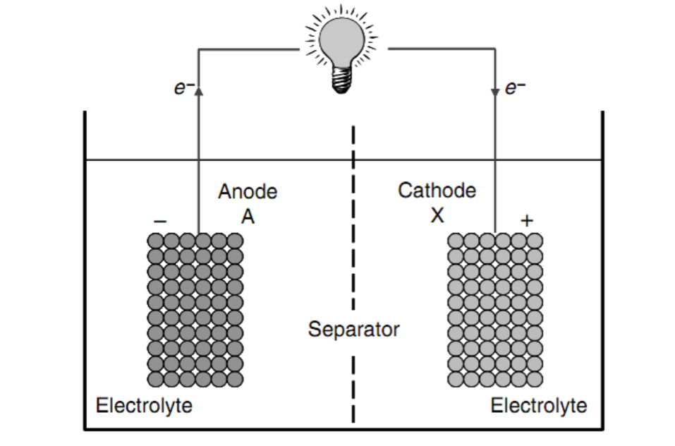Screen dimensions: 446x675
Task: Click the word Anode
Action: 248,192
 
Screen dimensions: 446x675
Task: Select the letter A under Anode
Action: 248,217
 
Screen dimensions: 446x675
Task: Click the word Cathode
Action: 437,191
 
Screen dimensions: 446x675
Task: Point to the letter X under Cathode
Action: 437,215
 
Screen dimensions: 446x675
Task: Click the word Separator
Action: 353,329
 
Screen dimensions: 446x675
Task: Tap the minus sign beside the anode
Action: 161,221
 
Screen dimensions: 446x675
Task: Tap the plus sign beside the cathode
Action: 526,221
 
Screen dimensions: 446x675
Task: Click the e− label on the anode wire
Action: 182,90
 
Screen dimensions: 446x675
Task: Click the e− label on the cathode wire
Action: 516,90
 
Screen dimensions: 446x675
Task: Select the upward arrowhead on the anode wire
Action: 198,90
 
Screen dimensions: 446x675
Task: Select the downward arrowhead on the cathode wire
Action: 494,92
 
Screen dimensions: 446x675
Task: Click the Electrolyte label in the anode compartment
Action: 144,406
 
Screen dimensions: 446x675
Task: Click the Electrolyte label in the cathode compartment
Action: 538,406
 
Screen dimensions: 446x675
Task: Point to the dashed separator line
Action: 353,268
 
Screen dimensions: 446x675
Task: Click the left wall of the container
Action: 85,282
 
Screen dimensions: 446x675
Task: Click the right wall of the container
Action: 603,282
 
